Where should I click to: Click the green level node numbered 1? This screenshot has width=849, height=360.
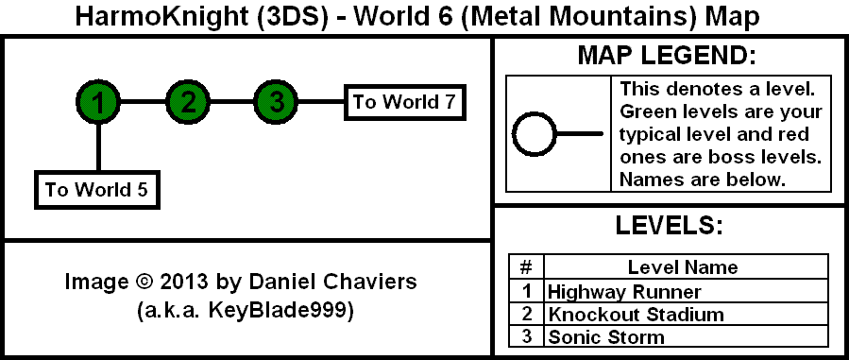(x=98, y=101)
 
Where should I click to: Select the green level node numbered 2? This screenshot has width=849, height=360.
(x=187, y=101)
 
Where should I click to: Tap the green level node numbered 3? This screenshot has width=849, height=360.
(x=276, y=101)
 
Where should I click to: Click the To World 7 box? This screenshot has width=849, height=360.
(x=405, y=102)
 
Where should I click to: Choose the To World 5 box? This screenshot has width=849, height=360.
(x=97, y=190)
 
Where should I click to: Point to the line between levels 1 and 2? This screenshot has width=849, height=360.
(x=143, y=101)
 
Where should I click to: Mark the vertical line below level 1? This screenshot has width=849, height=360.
(x=98, y=147)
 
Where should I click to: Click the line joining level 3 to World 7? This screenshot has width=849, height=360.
(x=322, y=101)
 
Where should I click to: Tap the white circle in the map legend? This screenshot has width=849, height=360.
(x=535, y=134)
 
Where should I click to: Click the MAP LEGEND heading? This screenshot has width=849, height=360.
(x=667, y=56)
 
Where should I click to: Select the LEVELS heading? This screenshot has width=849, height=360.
(x=670, y=225)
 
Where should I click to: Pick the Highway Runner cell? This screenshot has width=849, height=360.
(x=686, y=292)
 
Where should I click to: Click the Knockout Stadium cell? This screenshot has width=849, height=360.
(x=686, y=314)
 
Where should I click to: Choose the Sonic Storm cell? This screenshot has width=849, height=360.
(x=686, y=336)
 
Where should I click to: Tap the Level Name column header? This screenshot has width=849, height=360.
(x=686, y=266)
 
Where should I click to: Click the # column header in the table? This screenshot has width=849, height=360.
(x=526, y=266)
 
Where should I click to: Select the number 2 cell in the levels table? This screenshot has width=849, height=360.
(x=526, y=314)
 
